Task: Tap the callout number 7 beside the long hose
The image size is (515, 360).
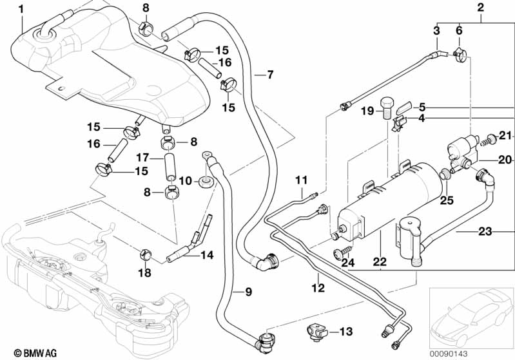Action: click(x=270, y=75)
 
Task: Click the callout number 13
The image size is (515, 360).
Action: click(x=345, y=332)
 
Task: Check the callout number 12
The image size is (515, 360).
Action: click(x=317, y=288)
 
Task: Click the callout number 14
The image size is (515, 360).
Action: click(x=206, y=254)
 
